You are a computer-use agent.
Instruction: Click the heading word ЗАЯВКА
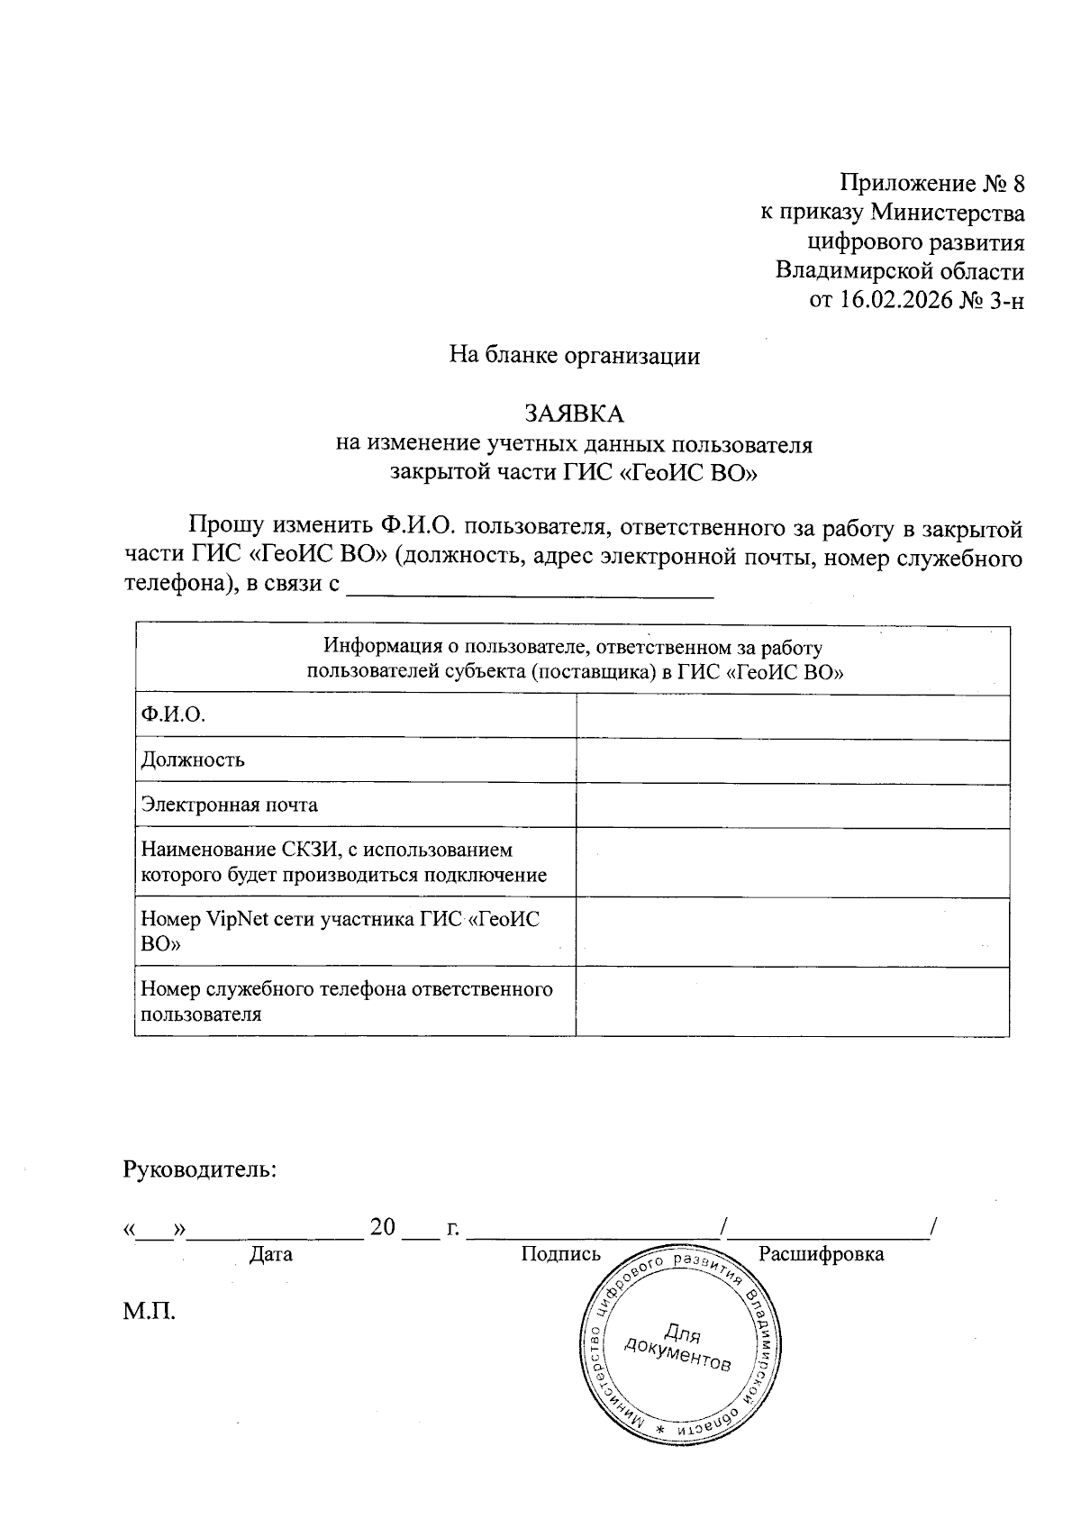(x=575, y=414)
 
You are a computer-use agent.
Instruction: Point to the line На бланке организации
(x=575, y=356)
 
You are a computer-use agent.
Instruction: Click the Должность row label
(x=193, y=759)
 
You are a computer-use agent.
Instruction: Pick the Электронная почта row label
(x=230, y=805)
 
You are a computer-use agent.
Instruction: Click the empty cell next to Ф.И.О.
(x=792, y=717)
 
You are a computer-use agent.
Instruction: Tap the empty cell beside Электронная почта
(x=792, y=805)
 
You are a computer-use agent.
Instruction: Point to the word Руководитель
(x=199, y=1170)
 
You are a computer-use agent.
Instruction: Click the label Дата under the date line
(x=271, y=1254)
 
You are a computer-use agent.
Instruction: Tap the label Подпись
(x=560, y=1254)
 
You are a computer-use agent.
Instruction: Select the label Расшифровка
(x=821, y=1254)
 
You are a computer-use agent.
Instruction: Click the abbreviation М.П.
(x=150, y=1312)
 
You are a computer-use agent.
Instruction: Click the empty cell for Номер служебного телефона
(x=792, y=1002)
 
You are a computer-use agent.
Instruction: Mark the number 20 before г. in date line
(x=383, y=1227)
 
